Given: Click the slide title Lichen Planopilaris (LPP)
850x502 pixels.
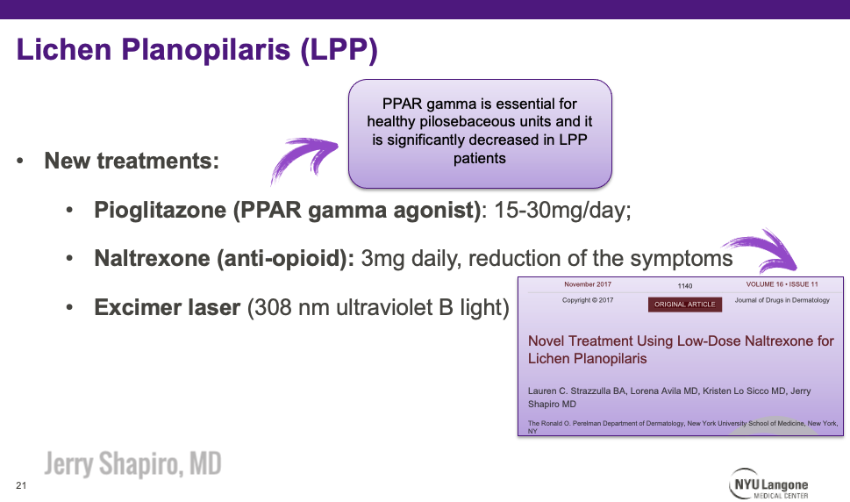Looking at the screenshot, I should click(196, 50).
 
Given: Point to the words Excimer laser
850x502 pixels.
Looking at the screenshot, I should click(167, 308).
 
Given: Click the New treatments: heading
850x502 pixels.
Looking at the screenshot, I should click(132, 161).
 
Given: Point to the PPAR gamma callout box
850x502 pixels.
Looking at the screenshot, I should click(480, 133).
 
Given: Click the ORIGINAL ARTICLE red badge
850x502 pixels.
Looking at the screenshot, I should click(685, 305).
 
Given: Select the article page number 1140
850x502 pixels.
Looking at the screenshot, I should click(685, 286).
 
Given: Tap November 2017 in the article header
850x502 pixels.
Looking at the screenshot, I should click(589, 284).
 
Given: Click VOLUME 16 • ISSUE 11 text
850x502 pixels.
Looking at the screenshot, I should click(782, 284).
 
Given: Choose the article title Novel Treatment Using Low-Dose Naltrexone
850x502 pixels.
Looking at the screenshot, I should click(681, 348).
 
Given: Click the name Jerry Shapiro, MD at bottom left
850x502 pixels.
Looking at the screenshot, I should click(132, 463).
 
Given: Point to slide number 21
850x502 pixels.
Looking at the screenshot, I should click(21, 485).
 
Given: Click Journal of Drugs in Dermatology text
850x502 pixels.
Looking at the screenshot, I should click(782, 301).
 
